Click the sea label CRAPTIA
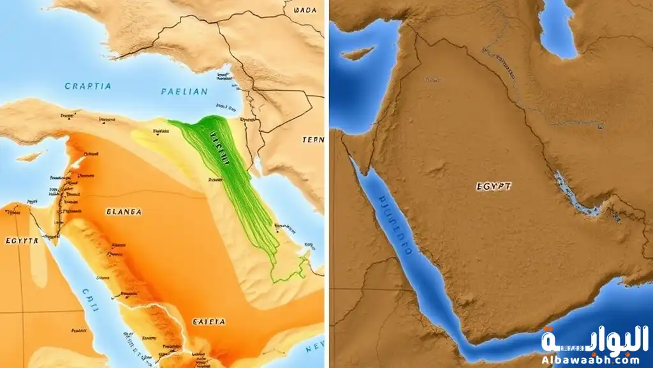(88, 86)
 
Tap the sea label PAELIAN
(184, 91)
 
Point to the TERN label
(312, 139)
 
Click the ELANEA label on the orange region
(124, 211)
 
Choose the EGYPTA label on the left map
(22, 241)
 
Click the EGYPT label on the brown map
(494, 187)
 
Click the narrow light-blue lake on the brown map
(573, 195)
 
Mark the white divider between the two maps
(326, 184)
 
